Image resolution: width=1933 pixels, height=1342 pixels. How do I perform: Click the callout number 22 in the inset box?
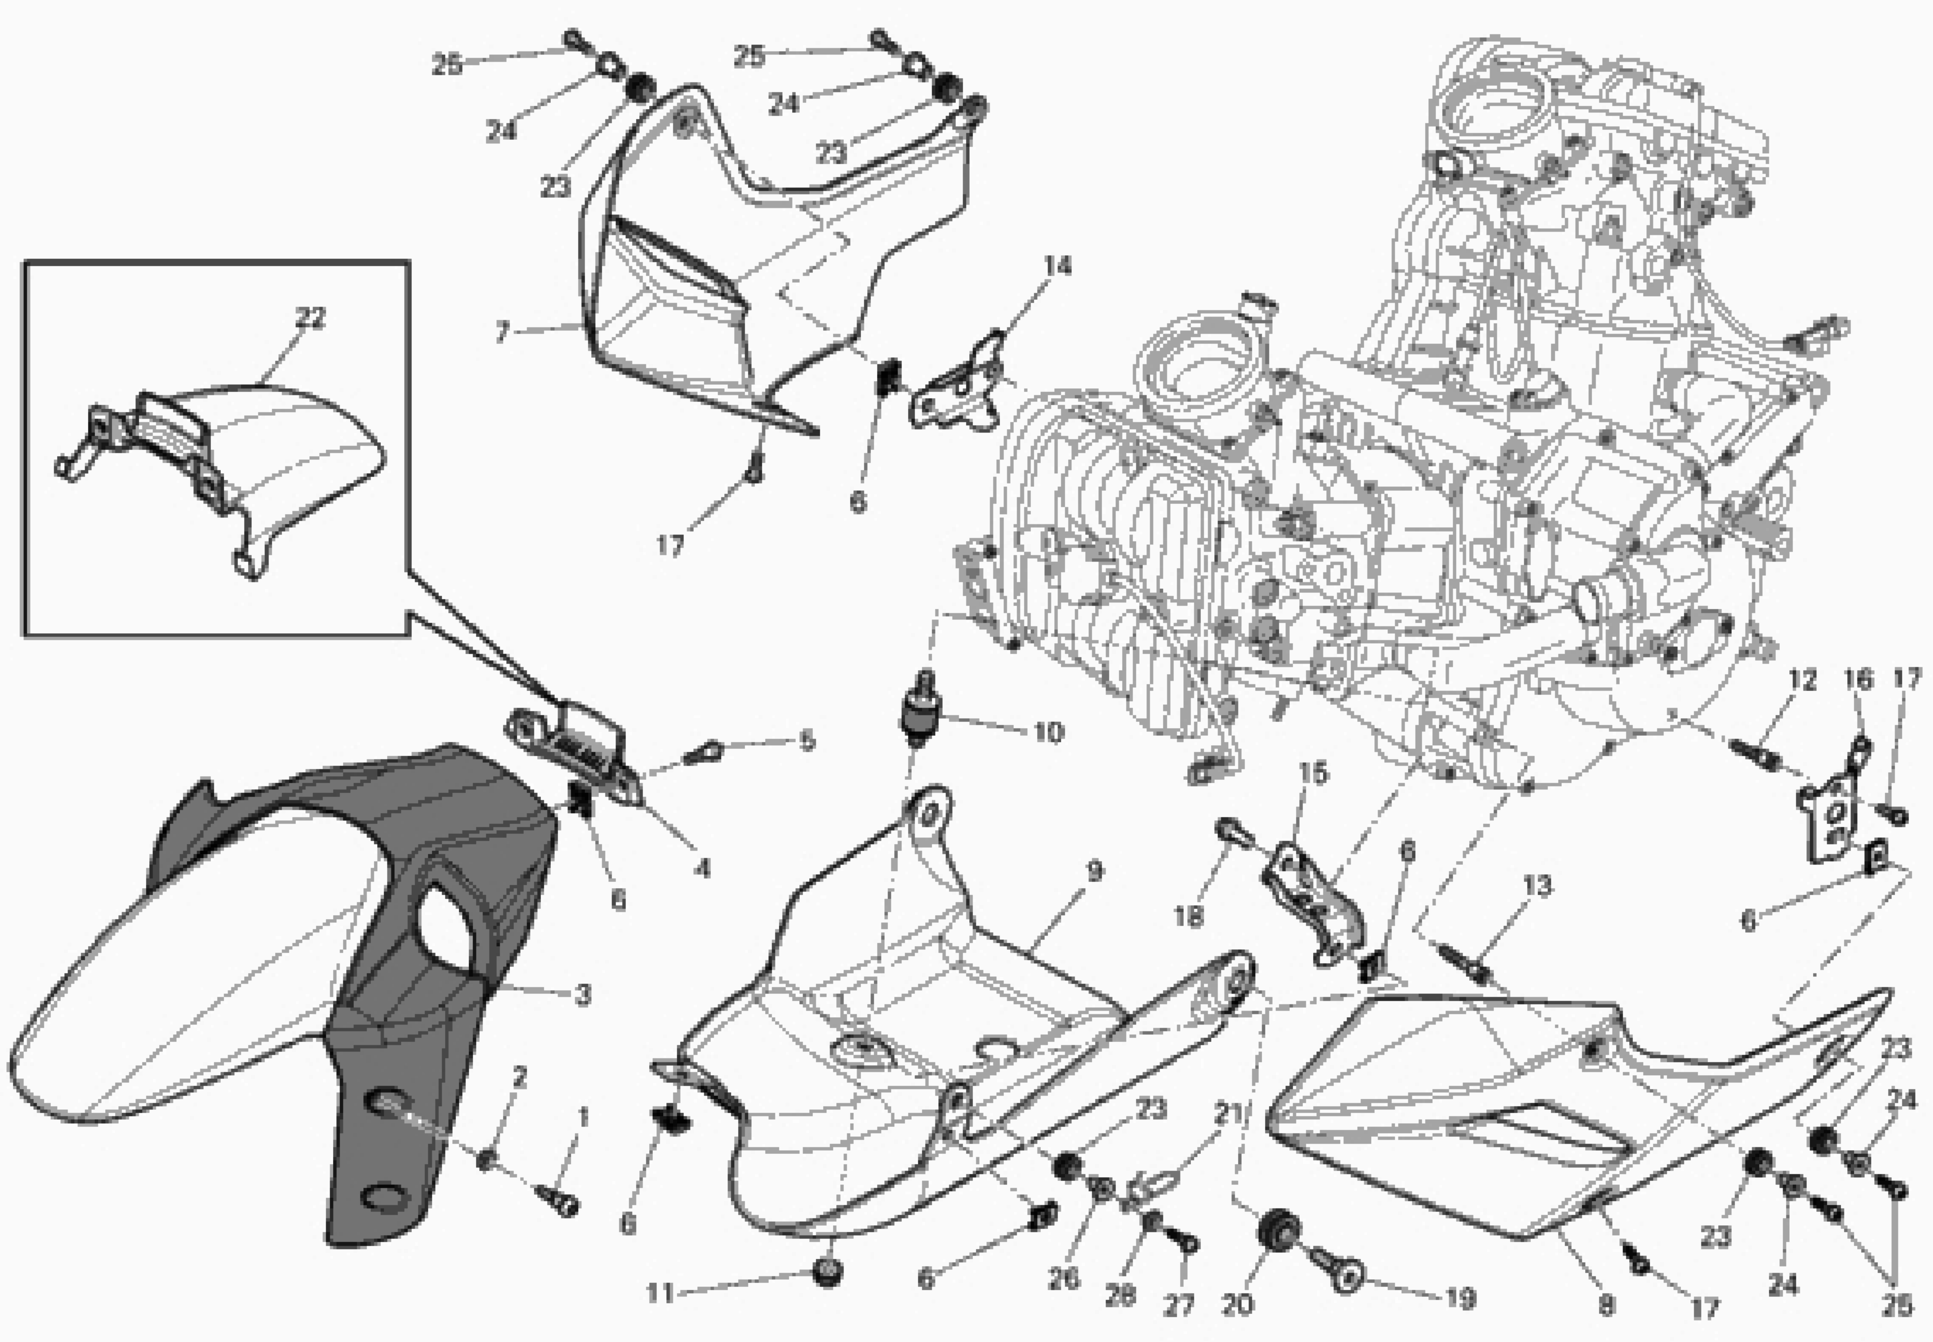point(310,318)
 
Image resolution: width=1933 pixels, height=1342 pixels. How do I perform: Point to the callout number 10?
point(1048,732)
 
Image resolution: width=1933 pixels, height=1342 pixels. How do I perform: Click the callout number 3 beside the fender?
point(582,995)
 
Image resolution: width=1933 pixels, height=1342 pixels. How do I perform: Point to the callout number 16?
point(1859,679)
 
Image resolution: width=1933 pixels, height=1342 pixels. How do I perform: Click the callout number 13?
point(1538,885)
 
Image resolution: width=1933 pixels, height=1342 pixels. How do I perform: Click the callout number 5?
point(807,741)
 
